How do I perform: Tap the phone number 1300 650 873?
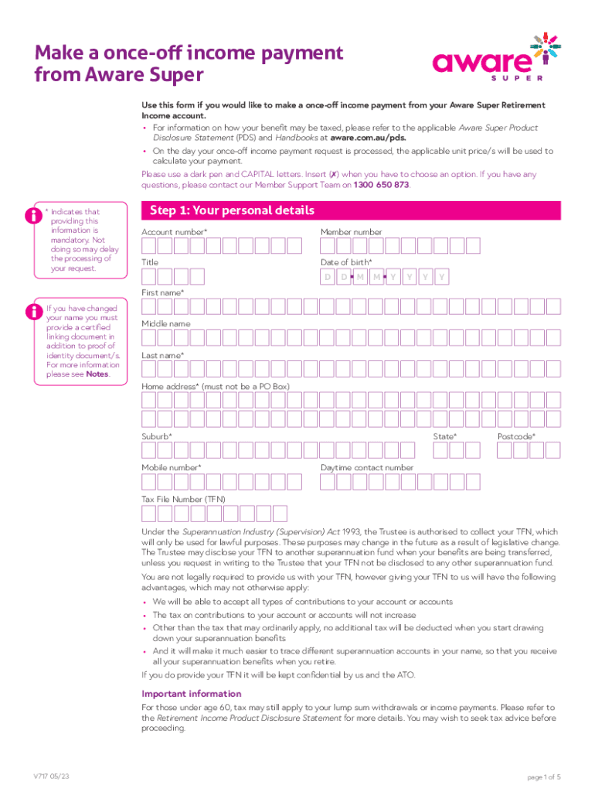382,186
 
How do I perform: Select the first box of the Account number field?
149,246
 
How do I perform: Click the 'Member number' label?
351,232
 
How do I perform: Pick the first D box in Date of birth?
328,277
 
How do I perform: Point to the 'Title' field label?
150,263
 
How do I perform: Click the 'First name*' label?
162,293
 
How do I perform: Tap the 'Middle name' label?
165,324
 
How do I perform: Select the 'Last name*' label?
162,355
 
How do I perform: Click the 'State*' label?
444,437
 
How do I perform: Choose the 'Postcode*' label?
516,437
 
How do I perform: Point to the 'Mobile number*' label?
172,468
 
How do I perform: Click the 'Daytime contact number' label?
366,468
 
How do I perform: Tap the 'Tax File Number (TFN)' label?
183,499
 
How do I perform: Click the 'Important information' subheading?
191,694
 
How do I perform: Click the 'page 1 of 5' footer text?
544,777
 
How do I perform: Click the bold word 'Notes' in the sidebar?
97,374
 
